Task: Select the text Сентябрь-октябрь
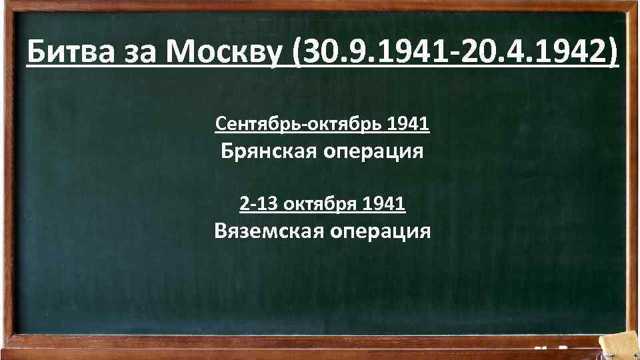[299, 124]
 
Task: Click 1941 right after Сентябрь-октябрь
[408, 124]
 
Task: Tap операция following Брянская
[373, 153]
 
